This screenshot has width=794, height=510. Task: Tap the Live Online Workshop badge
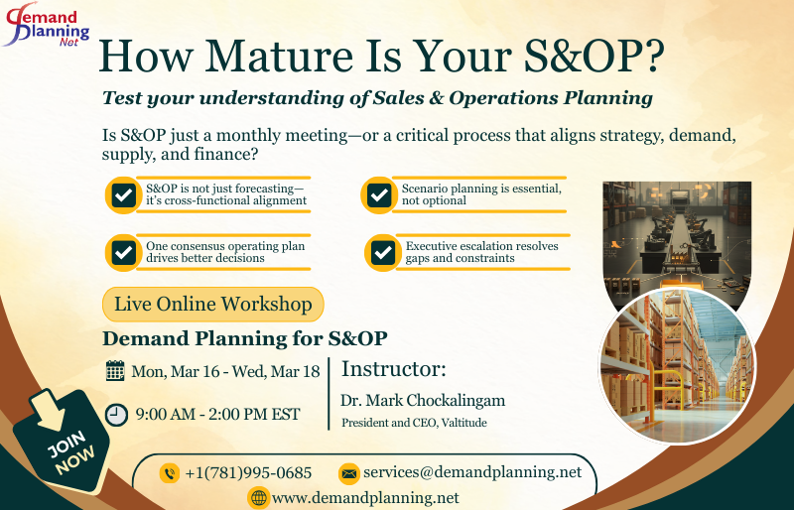[x=213, y=304]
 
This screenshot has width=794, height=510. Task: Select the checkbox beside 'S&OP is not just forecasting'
[x=124, y=195]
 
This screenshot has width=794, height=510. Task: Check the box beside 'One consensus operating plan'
[x=124, y=252]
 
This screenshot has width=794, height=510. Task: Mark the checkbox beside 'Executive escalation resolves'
[x=382, y=252]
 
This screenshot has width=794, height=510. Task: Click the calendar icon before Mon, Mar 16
[x=115, y=372]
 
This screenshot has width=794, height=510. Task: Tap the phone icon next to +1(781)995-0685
[x=170, y=473]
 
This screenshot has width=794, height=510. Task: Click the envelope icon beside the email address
[x=348, y=473]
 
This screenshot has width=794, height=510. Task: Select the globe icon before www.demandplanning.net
[x=258, y=497]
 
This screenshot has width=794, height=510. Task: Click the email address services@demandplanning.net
[x=472, y=472]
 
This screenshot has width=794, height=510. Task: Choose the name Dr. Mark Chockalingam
[x=423, y=401]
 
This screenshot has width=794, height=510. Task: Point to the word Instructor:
[x=394, y=370]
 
